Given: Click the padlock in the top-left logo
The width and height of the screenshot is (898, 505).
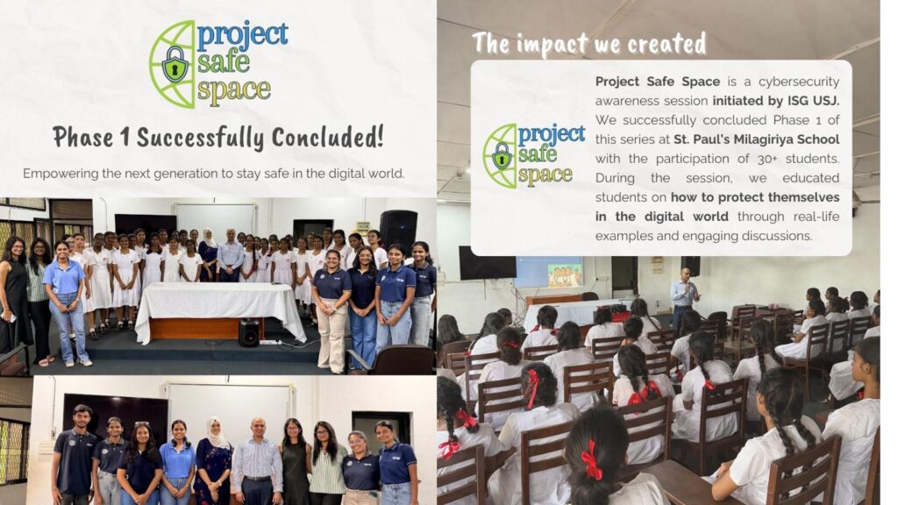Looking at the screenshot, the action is (x=175, y=64).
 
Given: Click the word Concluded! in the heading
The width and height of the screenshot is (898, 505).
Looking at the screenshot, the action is (x=327, y=138).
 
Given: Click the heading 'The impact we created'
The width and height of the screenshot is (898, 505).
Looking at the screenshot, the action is (x=589, y=44).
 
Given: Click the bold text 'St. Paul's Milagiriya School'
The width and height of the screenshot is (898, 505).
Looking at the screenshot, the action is (x=757, y=139).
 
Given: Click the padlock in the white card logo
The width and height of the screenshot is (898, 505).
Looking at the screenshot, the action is (x=502, y=156).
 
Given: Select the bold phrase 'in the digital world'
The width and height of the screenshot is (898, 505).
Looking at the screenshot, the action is (x=661, y=217).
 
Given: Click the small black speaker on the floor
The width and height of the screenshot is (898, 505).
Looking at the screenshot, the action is (x=249, y=332).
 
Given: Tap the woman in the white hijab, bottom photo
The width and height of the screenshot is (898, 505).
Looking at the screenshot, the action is (x=212, y=460).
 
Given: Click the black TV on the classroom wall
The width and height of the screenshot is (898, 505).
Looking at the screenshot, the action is (x=487, y=263).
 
